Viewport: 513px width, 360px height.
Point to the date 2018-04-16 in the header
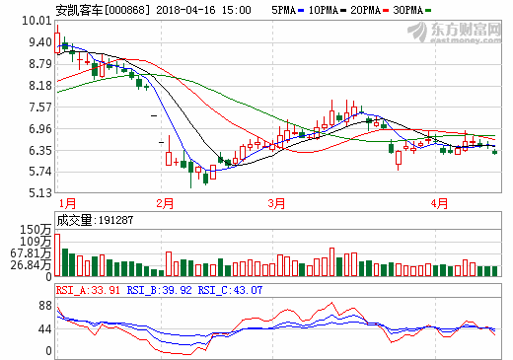pos(185,10)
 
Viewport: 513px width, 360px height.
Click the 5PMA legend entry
pos(287,10)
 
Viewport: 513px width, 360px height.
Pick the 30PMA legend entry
pos(411,10)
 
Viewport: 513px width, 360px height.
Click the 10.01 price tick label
pos(37,21)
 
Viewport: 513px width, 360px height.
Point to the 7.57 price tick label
pos(40,107)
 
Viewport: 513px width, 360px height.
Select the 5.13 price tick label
pos(40,192)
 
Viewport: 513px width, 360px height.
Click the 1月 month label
pos(67,203)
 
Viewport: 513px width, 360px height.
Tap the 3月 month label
pos(276,203)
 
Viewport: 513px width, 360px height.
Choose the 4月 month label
pos(439,203)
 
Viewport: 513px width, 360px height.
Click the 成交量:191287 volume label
pos(95,220)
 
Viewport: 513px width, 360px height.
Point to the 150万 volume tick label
pos(36,230)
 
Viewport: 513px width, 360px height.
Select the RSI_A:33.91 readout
pos(88,290)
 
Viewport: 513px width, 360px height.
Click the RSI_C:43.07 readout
pos(230,290)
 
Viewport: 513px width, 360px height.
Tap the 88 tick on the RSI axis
pos(45,306)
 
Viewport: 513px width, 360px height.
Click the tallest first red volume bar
pos(57,254)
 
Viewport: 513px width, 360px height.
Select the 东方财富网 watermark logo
pos(455,33)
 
